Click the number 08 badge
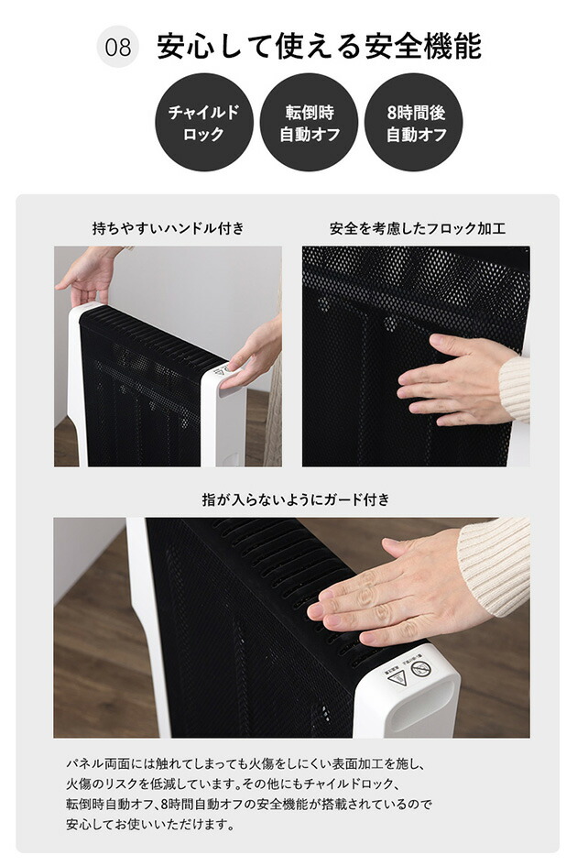tap(118, 48)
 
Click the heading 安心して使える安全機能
tap(319, 47)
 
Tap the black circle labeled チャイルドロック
tap(203, 123)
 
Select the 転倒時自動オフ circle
tap(309, 123)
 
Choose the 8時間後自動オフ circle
tap(414, 123)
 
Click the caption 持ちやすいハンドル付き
tap(169, 228)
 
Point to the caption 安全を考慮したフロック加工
tap(417, 228)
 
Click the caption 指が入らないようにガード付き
tap(296, 499)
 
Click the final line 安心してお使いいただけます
tap(150, 824)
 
